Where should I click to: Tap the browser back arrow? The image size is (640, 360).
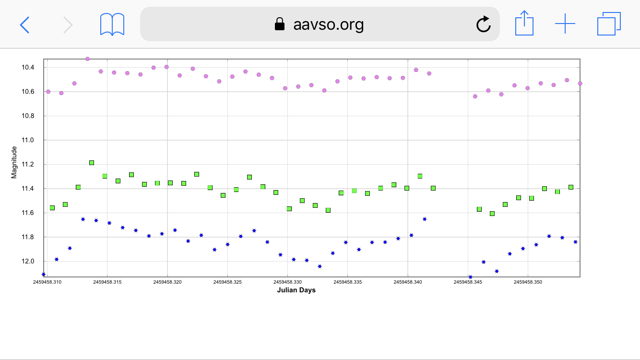pyautogui.click(x=24, y=24)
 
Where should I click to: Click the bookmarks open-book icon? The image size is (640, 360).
pyautogui.click(x=112, y=24)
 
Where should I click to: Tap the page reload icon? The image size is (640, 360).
pyautogui.click(x=483, y=24)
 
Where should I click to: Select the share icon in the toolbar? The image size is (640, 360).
pyautogui.click(x=524, y=24)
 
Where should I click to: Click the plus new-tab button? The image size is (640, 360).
pyautogui.click(x=565, y=24)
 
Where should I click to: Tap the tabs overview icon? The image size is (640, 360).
pyautogui.click(x=609, y=24)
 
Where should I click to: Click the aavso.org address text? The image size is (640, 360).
pyautogui.click(x=329, y=24)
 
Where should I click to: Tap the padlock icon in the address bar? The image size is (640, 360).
pyautogui.click(x=279, y=24)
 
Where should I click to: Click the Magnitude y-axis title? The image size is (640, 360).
pyautogui.click(x=14, y=162)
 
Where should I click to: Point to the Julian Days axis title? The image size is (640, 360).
pyautogui.click(x=296, y=290)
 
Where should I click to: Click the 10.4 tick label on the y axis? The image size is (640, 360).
pyautogui.click(x=28, y=67)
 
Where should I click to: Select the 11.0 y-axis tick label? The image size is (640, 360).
pyautogui.click(x=28, y=140)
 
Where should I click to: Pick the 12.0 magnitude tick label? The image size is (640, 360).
pyautogui.click(x=28, y=262)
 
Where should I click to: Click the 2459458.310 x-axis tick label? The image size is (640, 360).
pyautogui.click(x=47, y=282)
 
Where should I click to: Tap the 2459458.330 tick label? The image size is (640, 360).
pyautogui.click(x=287, y=282)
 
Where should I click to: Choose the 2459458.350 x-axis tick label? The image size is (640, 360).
pyautogui.click(x=528, y=282)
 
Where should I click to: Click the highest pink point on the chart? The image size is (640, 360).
pyautogui.click(x=87, y=59)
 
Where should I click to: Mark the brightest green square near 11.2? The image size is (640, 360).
pyautogui.click(x=92, y=163)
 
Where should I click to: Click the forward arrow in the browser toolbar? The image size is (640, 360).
pyautogui.click(x=68, y=24)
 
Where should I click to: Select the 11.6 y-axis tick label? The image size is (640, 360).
pyautogui.click(x=28, y=213)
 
